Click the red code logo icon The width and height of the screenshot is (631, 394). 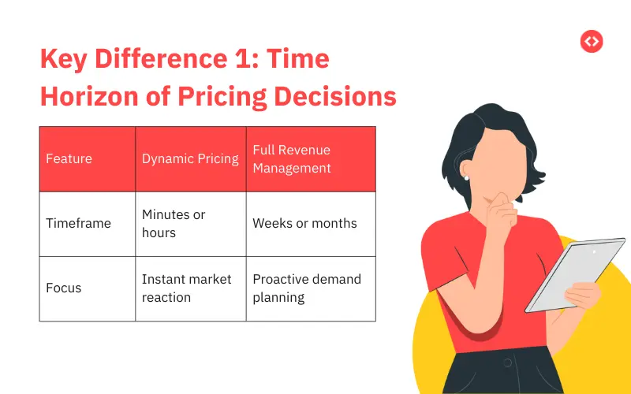(591, 42)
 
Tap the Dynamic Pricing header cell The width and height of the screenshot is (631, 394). (190, 158)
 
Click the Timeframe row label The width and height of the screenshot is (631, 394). (78, 223)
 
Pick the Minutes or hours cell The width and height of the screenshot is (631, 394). (174, 223)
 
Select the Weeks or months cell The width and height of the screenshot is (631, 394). (304, 223)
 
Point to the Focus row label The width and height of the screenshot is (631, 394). (63, 288)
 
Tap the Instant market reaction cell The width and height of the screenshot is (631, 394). (186, 288)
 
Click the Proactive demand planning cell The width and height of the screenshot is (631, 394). (306, 288)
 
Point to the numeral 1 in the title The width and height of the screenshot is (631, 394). (227, 60)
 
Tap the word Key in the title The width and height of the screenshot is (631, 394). (64, 60)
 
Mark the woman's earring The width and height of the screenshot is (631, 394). (467, 178)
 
